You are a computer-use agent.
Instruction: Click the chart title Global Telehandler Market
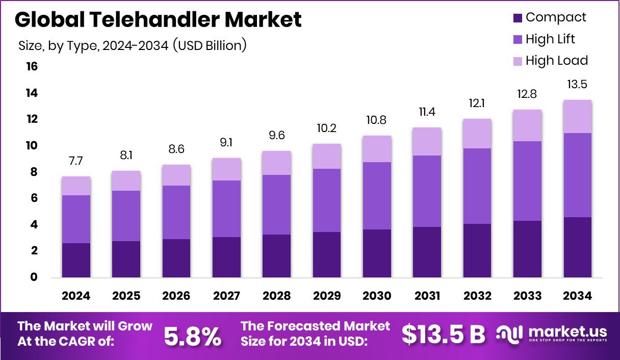pyautogui.click(x=158, y=19)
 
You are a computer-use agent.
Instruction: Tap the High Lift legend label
pyautogui.click(x=550, y=39)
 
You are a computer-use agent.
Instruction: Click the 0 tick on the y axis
pyautogui.click(x=33, y=277)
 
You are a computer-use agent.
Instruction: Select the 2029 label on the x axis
pyautogui.click(x=327, y=296)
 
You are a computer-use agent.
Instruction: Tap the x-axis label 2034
pyautogui.click(x=577, y=296)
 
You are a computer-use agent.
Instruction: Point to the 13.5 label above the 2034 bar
pyautogui.click(x=577, y=84)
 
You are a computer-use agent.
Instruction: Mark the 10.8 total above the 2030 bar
pyautogui.click(x=377, y=121)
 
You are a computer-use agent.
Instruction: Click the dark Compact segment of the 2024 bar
pyautogui.click(x=76, y=260)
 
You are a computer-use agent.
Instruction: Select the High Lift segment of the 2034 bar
pyautogui.click(x=577, y=175)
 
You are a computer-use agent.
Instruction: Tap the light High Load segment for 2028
pyautogui.click(x=277, y=163)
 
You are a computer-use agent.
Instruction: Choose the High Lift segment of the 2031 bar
pyautogui.click(x=427, y=191)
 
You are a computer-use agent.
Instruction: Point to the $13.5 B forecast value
pyautogui.click(x=443, y=335)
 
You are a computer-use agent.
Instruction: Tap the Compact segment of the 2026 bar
pyautogui.click(x=176, y=258)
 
